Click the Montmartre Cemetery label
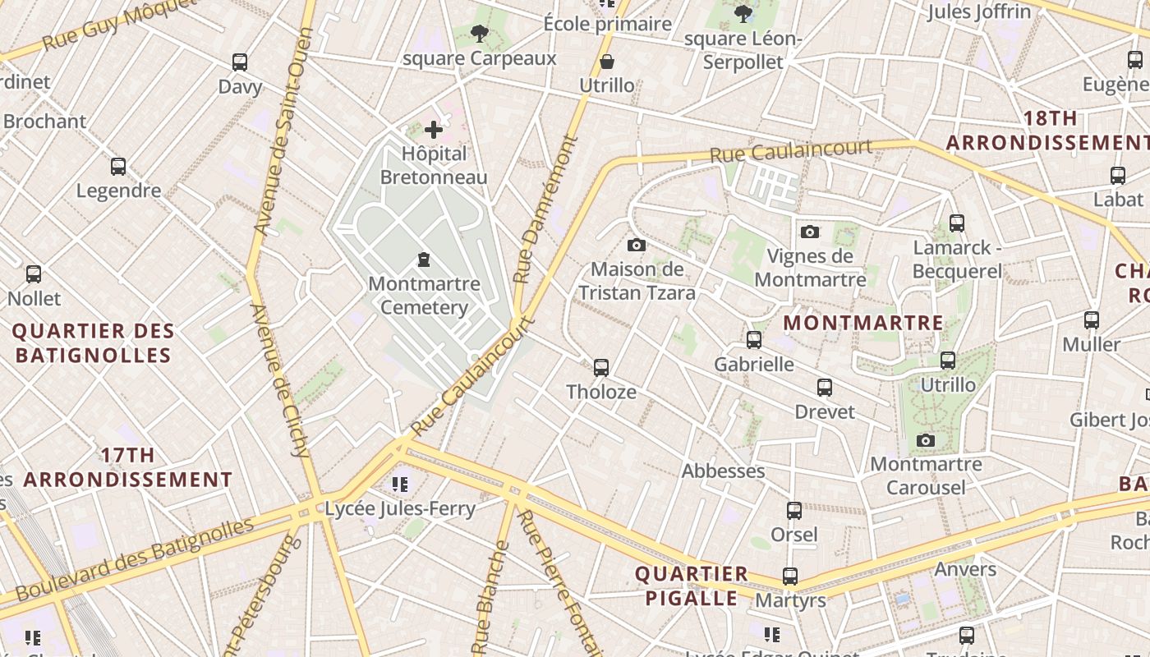(x=424, y=296)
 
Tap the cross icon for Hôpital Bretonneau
(x=434, y=129)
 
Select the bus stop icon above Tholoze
(x=601, y=367)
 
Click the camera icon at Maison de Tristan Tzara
(x=636, y=245)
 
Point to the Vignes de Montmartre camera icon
(x=810, y=232)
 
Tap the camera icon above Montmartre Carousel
(x=926, y=440)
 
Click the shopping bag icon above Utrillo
(x=607, y=62)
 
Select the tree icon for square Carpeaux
(x=480, y=34)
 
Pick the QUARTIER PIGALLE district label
(x=692, y=586)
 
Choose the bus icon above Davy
(x=240, y=62)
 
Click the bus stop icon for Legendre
(x=118, y=167)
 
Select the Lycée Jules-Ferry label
(x=400, y=508)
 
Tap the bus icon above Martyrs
(x=790, y=577)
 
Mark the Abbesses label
(x=723, y=471)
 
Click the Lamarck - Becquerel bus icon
(x=956, y=223)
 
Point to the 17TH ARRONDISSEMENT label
(x=127, y=467)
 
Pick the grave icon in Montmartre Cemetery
(x=424, y=260)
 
